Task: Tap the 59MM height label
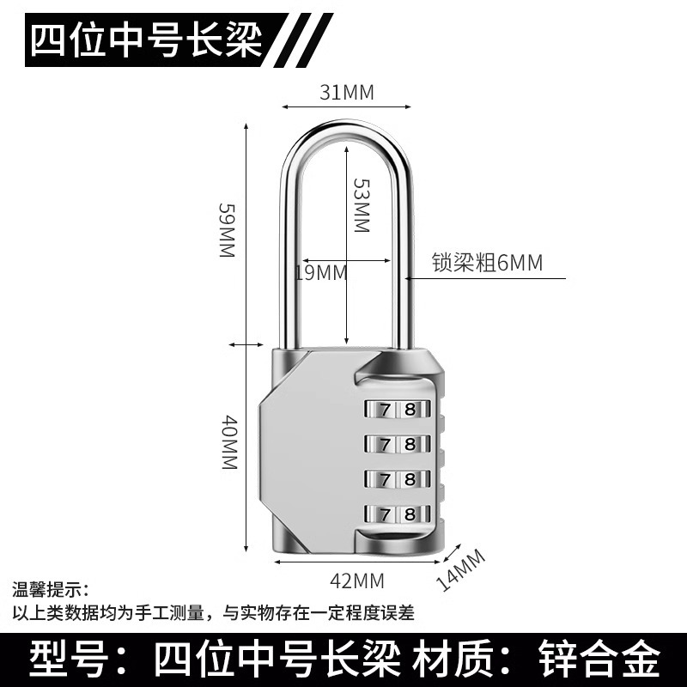click(226, 232)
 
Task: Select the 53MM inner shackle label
click(361, 205)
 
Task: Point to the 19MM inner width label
click(320, 273)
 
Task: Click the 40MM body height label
click(228, 441)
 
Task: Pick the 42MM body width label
click(356, 581)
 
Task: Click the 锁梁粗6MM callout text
click(487, 263)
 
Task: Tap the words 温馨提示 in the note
click(56, 591)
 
